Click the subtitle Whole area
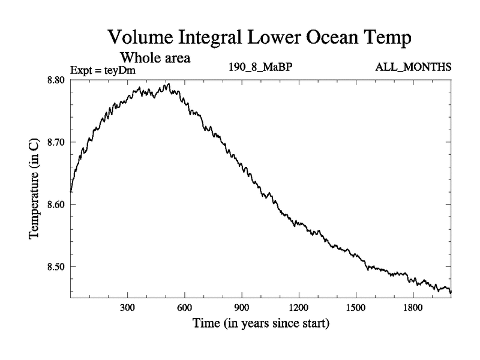click(x=155, y=58)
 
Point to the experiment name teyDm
click(x=123, y=71)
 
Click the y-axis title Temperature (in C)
click(x=35, y=189)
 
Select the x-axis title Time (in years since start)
click(x=260, y=325)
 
